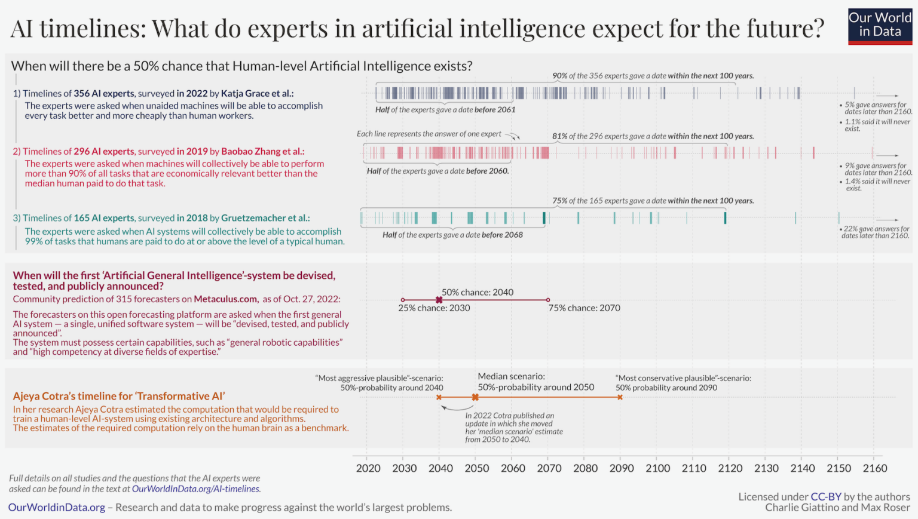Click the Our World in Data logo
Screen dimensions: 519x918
(880, 26)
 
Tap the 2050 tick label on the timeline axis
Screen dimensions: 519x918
(476, 468)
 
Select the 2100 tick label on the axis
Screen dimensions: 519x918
(657, 468)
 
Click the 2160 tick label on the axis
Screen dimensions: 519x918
(874, 468)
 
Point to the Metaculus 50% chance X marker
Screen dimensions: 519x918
(439, 300)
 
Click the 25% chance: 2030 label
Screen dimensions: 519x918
(434, 308)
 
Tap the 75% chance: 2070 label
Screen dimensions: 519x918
(584, 308)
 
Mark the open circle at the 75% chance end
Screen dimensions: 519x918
(548, 300)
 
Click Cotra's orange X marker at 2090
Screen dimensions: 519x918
(620, 397)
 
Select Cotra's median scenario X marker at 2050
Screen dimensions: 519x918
(475, 397)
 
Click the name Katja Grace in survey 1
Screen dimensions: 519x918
(246, 93)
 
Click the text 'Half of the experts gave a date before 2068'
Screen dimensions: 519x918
(452, 235)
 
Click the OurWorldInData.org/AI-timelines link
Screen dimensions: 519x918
(195, 489)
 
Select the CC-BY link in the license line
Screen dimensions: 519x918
(825, 497)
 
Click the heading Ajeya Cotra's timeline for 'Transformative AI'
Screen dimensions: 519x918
(119, 396)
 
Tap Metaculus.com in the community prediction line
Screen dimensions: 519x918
(226, 299)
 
